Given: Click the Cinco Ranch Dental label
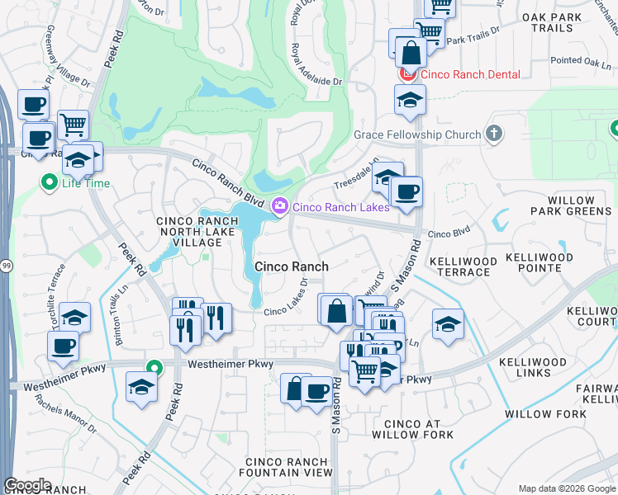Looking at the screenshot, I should pyautogui.click(x=470, y=74).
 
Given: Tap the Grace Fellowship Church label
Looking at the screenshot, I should pyautogui.click(x=417, y=134).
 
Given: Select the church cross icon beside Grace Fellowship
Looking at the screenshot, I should pyautogui.click(x=494, y=134).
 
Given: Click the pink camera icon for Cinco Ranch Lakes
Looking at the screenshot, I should pyautogui.click(x=280, y=205).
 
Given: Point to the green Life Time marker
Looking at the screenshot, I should pyautogui.click(x=49, y=181).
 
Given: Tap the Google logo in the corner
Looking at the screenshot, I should pyautogui.click(x=27, y=485).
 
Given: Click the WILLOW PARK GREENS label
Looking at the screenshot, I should pyautogui.click(x=571, y=206).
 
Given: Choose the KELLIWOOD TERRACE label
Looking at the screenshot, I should pyautogui.click(x=463, y=266).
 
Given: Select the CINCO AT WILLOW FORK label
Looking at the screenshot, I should pyautogui.click(x=412, y=428).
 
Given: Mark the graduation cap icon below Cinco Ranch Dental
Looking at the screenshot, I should pyautogui.click(x=410, y=100).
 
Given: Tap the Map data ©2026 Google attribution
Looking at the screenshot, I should pyautogui.click(x=567, y=488).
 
